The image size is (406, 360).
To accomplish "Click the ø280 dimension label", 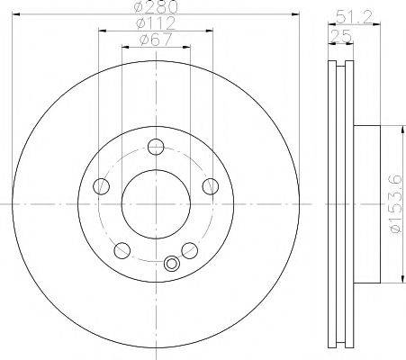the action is coord(156,6).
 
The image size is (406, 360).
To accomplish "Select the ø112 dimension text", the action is coord(156,23).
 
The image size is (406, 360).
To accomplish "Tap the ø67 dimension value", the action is coord(156,40).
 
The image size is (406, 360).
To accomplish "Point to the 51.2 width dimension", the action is coord(354,17).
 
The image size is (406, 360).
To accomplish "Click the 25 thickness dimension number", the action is coord(340,36).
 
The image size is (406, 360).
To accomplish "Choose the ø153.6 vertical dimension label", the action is coord(396,204).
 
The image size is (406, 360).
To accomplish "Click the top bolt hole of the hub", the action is coord(156,147).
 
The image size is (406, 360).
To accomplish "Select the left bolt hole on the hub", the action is coord(102,186).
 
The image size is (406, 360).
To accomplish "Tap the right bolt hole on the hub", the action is coord(211,186).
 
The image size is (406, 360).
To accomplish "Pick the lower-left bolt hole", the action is coord(122,251).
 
